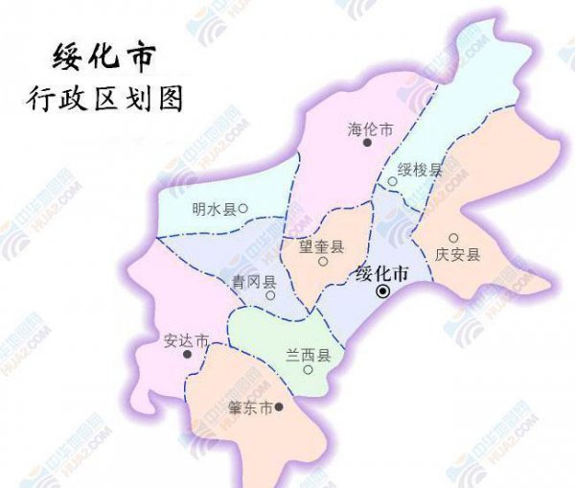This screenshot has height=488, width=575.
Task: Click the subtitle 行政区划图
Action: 105,99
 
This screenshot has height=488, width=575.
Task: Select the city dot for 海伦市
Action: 366,143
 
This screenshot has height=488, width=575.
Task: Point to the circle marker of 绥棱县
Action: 392,181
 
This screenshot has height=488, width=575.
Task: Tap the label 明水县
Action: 213,208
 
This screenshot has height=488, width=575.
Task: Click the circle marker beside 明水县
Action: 243,207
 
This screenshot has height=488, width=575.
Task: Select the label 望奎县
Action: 320,245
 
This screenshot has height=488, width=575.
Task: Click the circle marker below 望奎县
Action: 323,261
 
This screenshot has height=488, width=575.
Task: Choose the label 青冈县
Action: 254,282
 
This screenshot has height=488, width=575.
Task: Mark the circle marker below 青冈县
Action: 270,295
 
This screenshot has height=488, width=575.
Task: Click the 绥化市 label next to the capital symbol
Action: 381,273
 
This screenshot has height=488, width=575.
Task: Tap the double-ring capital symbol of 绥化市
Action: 382,291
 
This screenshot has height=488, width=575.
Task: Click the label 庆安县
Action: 456,254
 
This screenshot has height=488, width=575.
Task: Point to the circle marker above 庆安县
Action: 453,239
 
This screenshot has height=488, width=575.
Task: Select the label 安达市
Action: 186,340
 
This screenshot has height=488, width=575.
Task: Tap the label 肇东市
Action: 250,407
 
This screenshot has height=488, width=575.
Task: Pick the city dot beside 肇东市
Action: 279,407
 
